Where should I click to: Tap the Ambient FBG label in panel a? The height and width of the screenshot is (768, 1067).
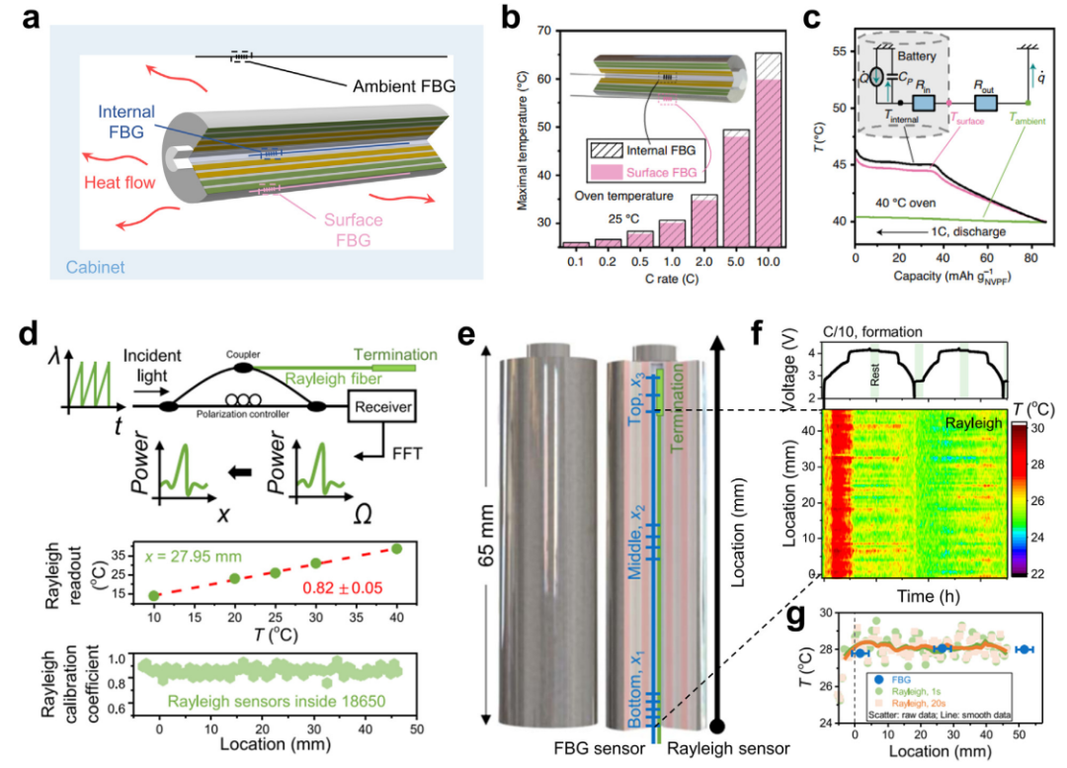pyautogui.click(x=405, y=86)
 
